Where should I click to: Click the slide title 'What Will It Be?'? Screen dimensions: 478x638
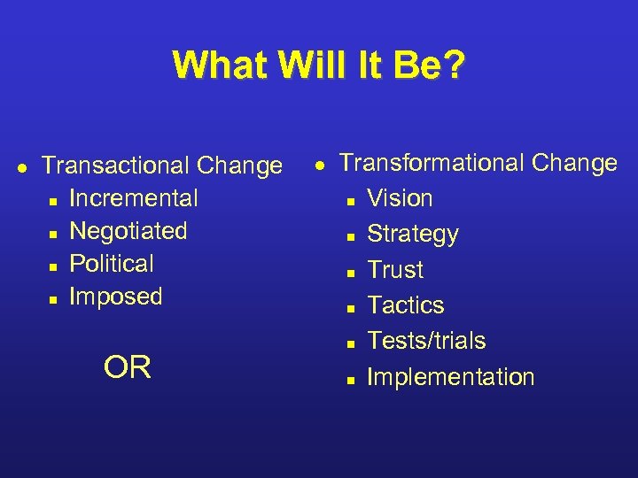318,66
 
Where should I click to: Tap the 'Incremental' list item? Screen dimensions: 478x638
133,198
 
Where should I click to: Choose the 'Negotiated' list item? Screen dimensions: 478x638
128,231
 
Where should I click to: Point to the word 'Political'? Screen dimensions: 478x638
112,264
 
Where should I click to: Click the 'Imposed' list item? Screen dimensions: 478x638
116,297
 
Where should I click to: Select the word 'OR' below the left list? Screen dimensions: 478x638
128,367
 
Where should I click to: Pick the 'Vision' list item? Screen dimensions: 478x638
400,198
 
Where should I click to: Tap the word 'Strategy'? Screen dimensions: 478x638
413,235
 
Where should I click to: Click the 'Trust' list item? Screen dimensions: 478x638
395,270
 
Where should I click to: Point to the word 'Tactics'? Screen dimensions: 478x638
406,305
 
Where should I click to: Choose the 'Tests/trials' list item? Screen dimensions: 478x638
426,341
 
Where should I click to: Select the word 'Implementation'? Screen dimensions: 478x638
450,377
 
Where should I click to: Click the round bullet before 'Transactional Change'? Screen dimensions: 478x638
20,166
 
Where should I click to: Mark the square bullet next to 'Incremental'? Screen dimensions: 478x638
53,201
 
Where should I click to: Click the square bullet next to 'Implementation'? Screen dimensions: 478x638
351,379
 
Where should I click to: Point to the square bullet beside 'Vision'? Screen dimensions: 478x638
351,201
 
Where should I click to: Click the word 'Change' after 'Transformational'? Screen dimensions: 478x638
577,163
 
